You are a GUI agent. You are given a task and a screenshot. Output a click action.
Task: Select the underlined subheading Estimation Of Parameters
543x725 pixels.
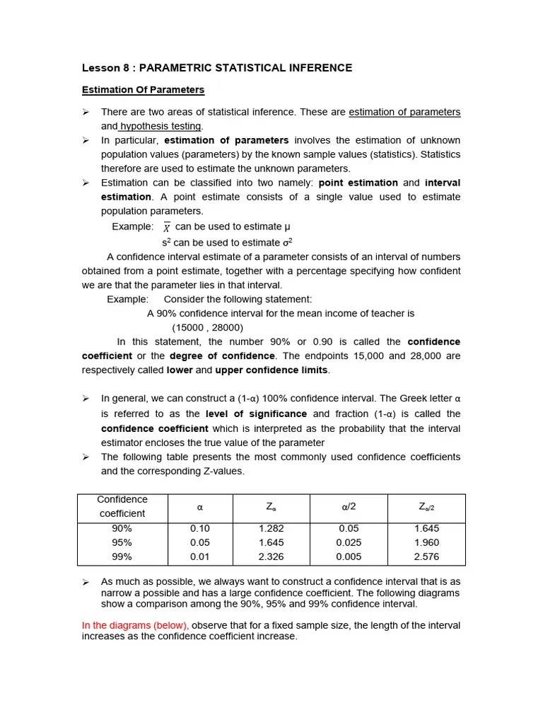pyautogui.click(x=143, y=90)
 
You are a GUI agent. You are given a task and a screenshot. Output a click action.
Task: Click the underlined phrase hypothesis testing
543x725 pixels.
pyautogui.click(x=160, y=126)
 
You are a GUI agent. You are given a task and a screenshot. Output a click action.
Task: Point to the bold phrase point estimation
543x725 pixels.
pyautogui.click(x=358, y=183)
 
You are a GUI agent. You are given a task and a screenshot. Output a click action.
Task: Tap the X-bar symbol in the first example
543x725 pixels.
pyautogui.click(x=166, y=227)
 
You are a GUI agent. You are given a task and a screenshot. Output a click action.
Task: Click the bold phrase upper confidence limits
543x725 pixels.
pyautogui.click(x=271, y=370)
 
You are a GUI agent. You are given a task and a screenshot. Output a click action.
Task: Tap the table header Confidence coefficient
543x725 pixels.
pyautogui.click(x=122, y=506)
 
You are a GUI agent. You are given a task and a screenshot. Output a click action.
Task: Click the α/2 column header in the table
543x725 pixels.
pyautogui.click(x=349, y=507)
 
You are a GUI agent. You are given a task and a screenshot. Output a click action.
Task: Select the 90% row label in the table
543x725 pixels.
pyautogui.click(x=122, y=528)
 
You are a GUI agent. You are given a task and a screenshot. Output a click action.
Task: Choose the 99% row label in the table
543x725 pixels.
pyautogui.click(x=122, y=556)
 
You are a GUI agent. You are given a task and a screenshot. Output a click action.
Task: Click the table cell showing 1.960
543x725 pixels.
pyautogui.click(x=426, y=542)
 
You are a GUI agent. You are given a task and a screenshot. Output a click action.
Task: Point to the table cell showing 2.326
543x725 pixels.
pyautogui.click(x=271, y=556)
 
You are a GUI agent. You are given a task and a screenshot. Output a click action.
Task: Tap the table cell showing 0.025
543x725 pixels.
pyautogui.click(x=349, y=542)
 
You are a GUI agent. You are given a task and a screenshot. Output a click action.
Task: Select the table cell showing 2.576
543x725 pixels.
pyautogui.click(x=426, y=556)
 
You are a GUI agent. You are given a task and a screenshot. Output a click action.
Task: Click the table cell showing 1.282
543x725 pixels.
pyautogui.click(x=271, y=528)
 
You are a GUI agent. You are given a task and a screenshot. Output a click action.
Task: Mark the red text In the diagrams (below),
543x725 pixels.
pyautogui.click(x=136, y=625)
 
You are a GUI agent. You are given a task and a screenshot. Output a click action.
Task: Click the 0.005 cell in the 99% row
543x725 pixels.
pyautogui.click(x=349, y=556)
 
